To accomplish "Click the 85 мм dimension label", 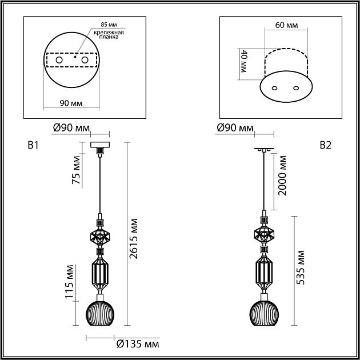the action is coord(109,25).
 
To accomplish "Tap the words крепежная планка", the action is coord(109,35).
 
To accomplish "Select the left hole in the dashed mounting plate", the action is coord(59,60).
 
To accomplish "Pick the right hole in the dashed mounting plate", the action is coord(85,60).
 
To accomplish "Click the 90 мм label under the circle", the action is coord(71,103).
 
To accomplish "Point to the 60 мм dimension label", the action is coord(286,25).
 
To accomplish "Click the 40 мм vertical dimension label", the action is coord(243,61).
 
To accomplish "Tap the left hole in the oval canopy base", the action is coord(274,88).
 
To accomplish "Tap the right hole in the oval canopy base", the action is coord(296,88).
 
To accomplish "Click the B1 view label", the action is coord(33,145).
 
